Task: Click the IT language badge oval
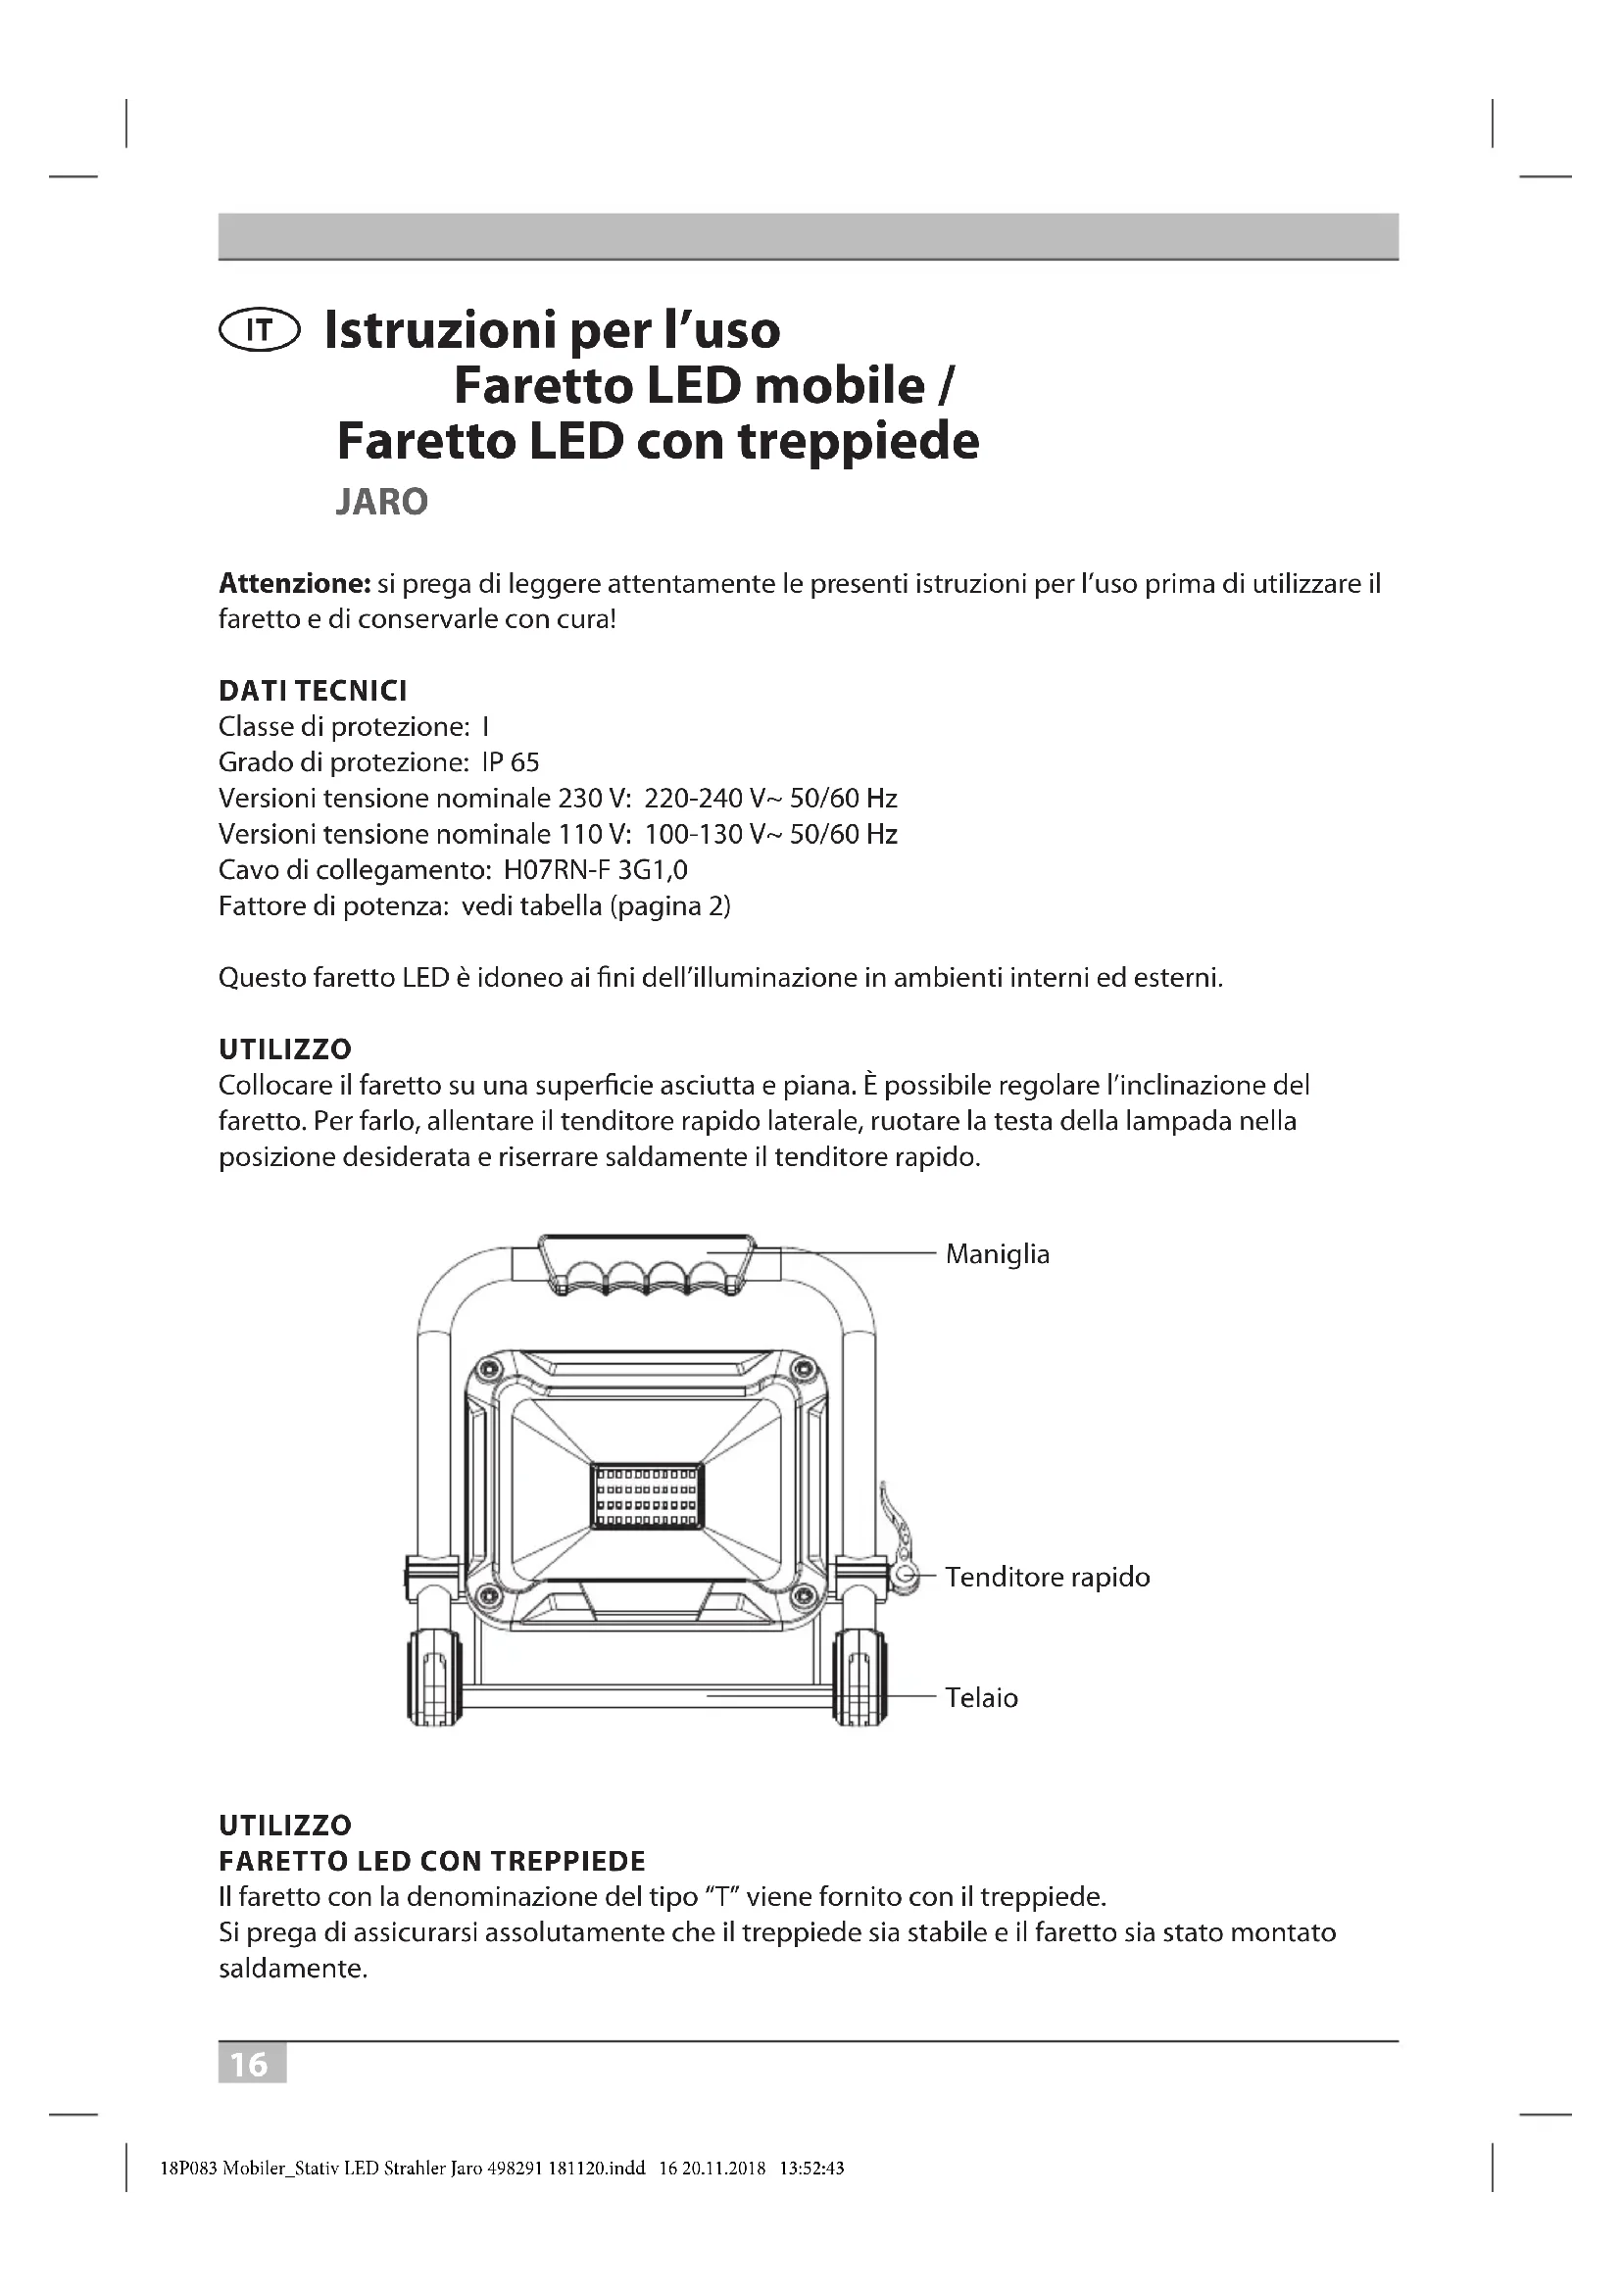tap(259, 330)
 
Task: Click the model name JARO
tap(381, 501)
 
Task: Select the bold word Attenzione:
tap(294, 583)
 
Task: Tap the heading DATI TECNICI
tap(313, 691)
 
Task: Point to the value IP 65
tap(510, 762)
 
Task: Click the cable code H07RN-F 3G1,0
tap(595, 869)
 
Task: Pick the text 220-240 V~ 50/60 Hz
tap(770, 799)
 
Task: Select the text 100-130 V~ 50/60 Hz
tap(770, 835)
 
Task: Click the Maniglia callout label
tap(997, 1254)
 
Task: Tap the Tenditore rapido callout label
tap(1047, 1578)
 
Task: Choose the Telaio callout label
tap(981, 1698)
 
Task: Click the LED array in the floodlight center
tap(647, 1495)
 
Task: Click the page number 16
tap(252, 2064)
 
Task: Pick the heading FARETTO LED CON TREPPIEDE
tap(431, 1861)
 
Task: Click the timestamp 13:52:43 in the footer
tap(811, 2168)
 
